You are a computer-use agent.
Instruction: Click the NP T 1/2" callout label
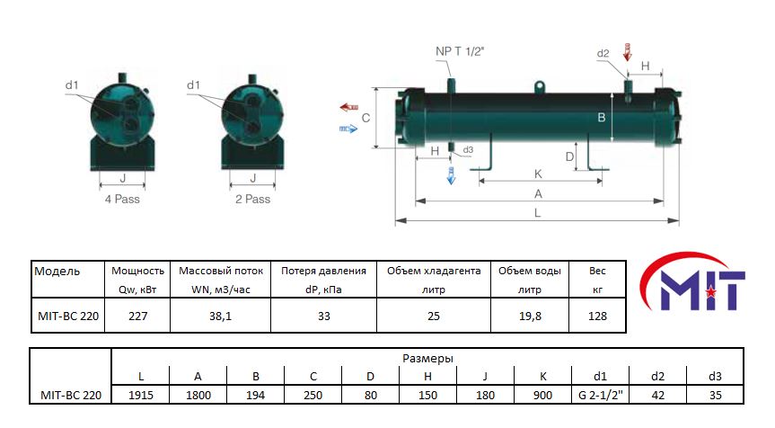point(460,51)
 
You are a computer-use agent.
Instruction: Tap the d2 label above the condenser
point(603,53)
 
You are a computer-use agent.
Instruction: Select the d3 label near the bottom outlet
point(468,149)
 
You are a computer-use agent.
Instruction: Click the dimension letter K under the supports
point(538,174)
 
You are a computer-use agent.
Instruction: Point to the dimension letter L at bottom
point(538,213)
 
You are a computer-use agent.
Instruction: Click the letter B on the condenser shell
point(602,117)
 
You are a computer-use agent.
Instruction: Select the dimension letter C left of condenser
point(365,118)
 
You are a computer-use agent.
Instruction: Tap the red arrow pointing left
point(349,107)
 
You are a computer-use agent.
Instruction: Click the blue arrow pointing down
point(451,175)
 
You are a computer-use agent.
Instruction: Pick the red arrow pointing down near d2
point(628,52)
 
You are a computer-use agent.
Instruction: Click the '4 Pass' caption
point(122,199)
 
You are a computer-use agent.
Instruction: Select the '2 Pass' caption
point(252,199)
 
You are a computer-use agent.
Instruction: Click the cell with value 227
point(138,316)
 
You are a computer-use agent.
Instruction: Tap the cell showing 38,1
point(220,316)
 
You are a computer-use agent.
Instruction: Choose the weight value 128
point(597,316)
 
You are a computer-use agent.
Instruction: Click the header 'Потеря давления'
point(324,271)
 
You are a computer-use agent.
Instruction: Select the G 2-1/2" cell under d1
point(601,395)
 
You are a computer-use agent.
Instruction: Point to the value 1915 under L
point(141,395)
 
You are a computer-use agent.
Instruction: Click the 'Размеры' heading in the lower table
point(427,358)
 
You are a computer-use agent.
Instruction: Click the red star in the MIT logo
point(710,292)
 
